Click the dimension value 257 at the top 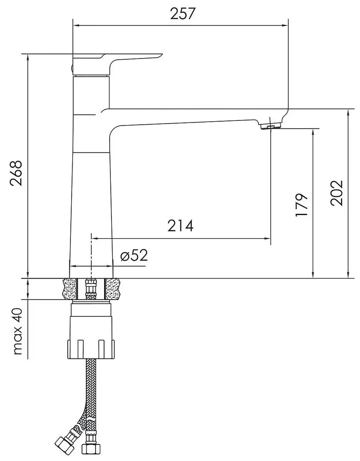183,14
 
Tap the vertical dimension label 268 16,173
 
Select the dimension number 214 180,226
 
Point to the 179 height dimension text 302,205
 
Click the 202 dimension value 337,193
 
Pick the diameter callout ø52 134,256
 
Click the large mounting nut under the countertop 91,331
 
